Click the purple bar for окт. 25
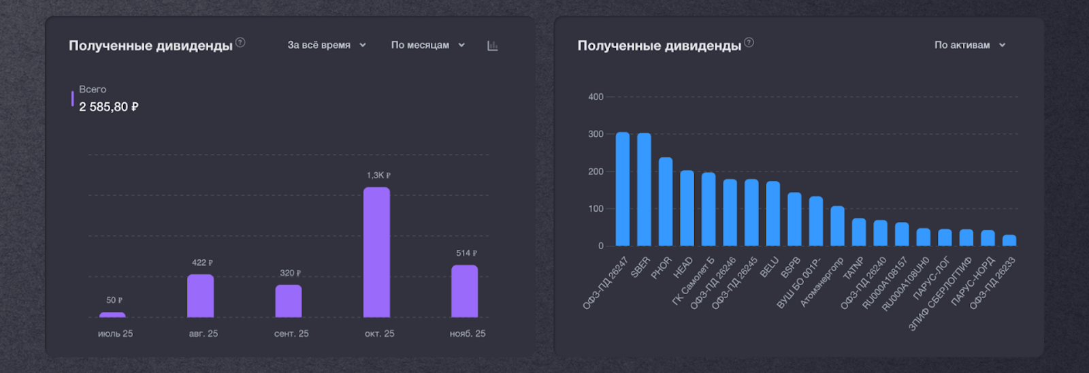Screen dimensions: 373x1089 [376, 252]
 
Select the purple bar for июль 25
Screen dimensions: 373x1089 [112, 314]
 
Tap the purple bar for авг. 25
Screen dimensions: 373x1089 [200, 295]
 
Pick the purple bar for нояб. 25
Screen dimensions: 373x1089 [464, 291]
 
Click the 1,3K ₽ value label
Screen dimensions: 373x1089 [378, 176]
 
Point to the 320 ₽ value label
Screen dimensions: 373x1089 [290, 273]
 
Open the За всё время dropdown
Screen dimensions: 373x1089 [327, 45]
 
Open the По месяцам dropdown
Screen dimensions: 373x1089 [427, 45]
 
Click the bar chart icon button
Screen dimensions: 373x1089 [493, 46]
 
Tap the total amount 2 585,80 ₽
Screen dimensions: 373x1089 [109, 107]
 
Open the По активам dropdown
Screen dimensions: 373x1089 [969, 45]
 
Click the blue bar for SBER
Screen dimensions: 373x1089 [644, 189]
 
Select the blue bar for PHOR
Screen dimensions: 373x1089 [666, 201]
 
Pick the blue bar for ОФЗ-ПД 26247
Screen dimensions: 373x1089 [623, 189]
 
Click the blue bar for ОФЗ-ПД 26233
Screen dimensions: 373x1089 [1009, 240]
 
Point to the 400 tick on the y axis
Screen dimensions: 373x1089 [596, 97]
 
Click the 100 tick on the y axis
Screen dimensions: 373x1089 [596, 208]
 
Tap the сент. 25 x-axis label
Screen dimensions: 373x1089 [291, 334]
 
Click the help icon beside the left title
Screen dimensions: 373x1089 [240, 42]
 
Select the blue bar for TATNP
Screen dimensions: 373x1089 [859, 232]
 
